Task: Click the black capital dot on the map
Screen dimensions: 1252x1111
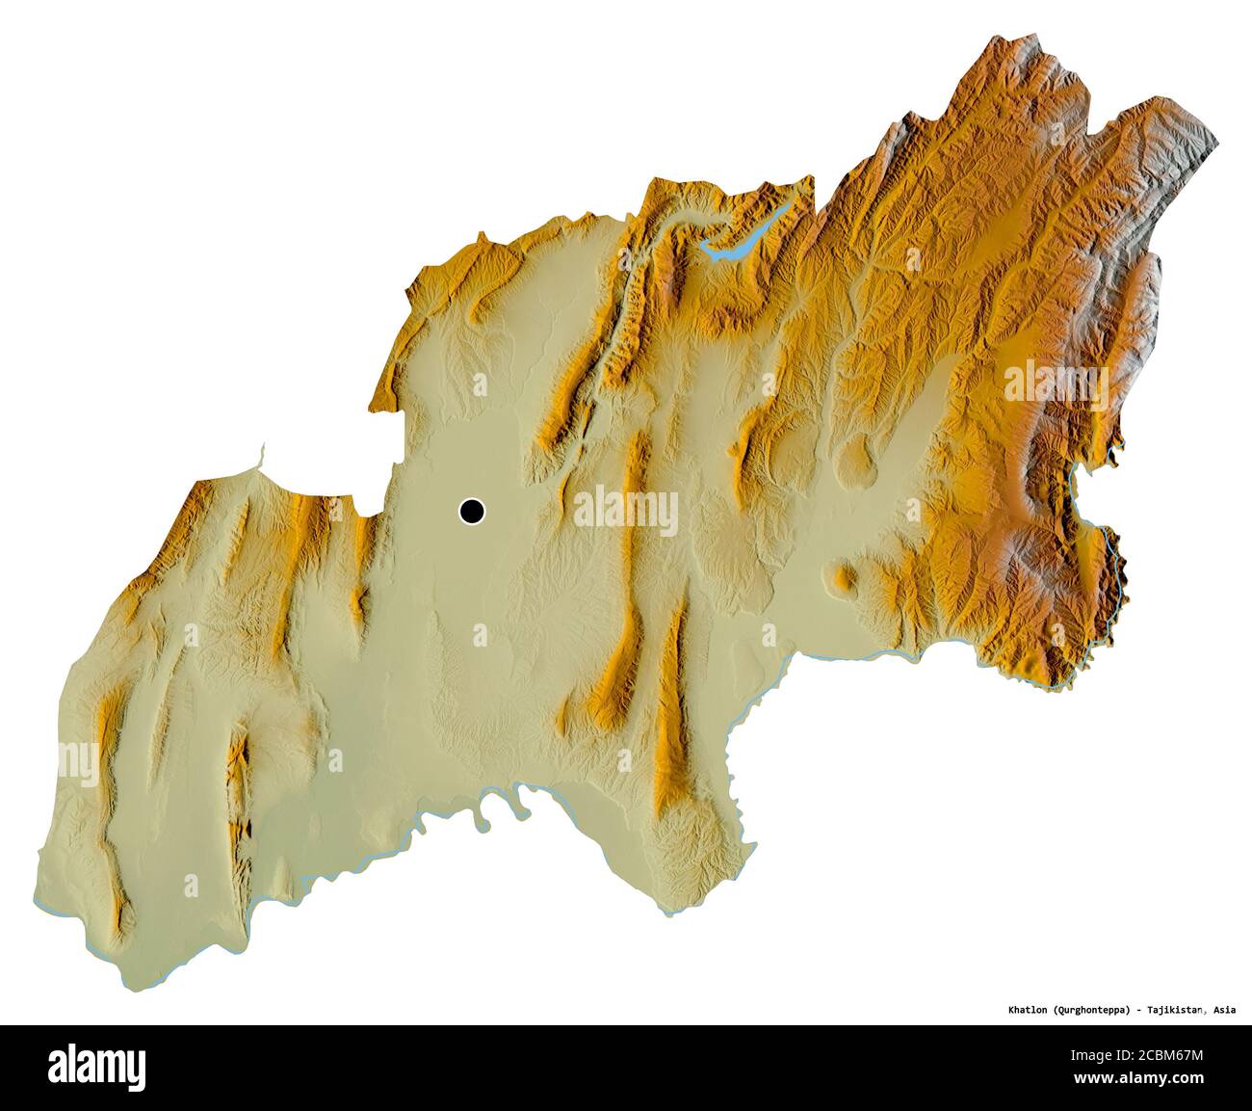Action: coord(472,512)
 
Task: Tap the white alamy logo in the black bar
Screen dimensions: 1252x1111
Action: coord(95,1068)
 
